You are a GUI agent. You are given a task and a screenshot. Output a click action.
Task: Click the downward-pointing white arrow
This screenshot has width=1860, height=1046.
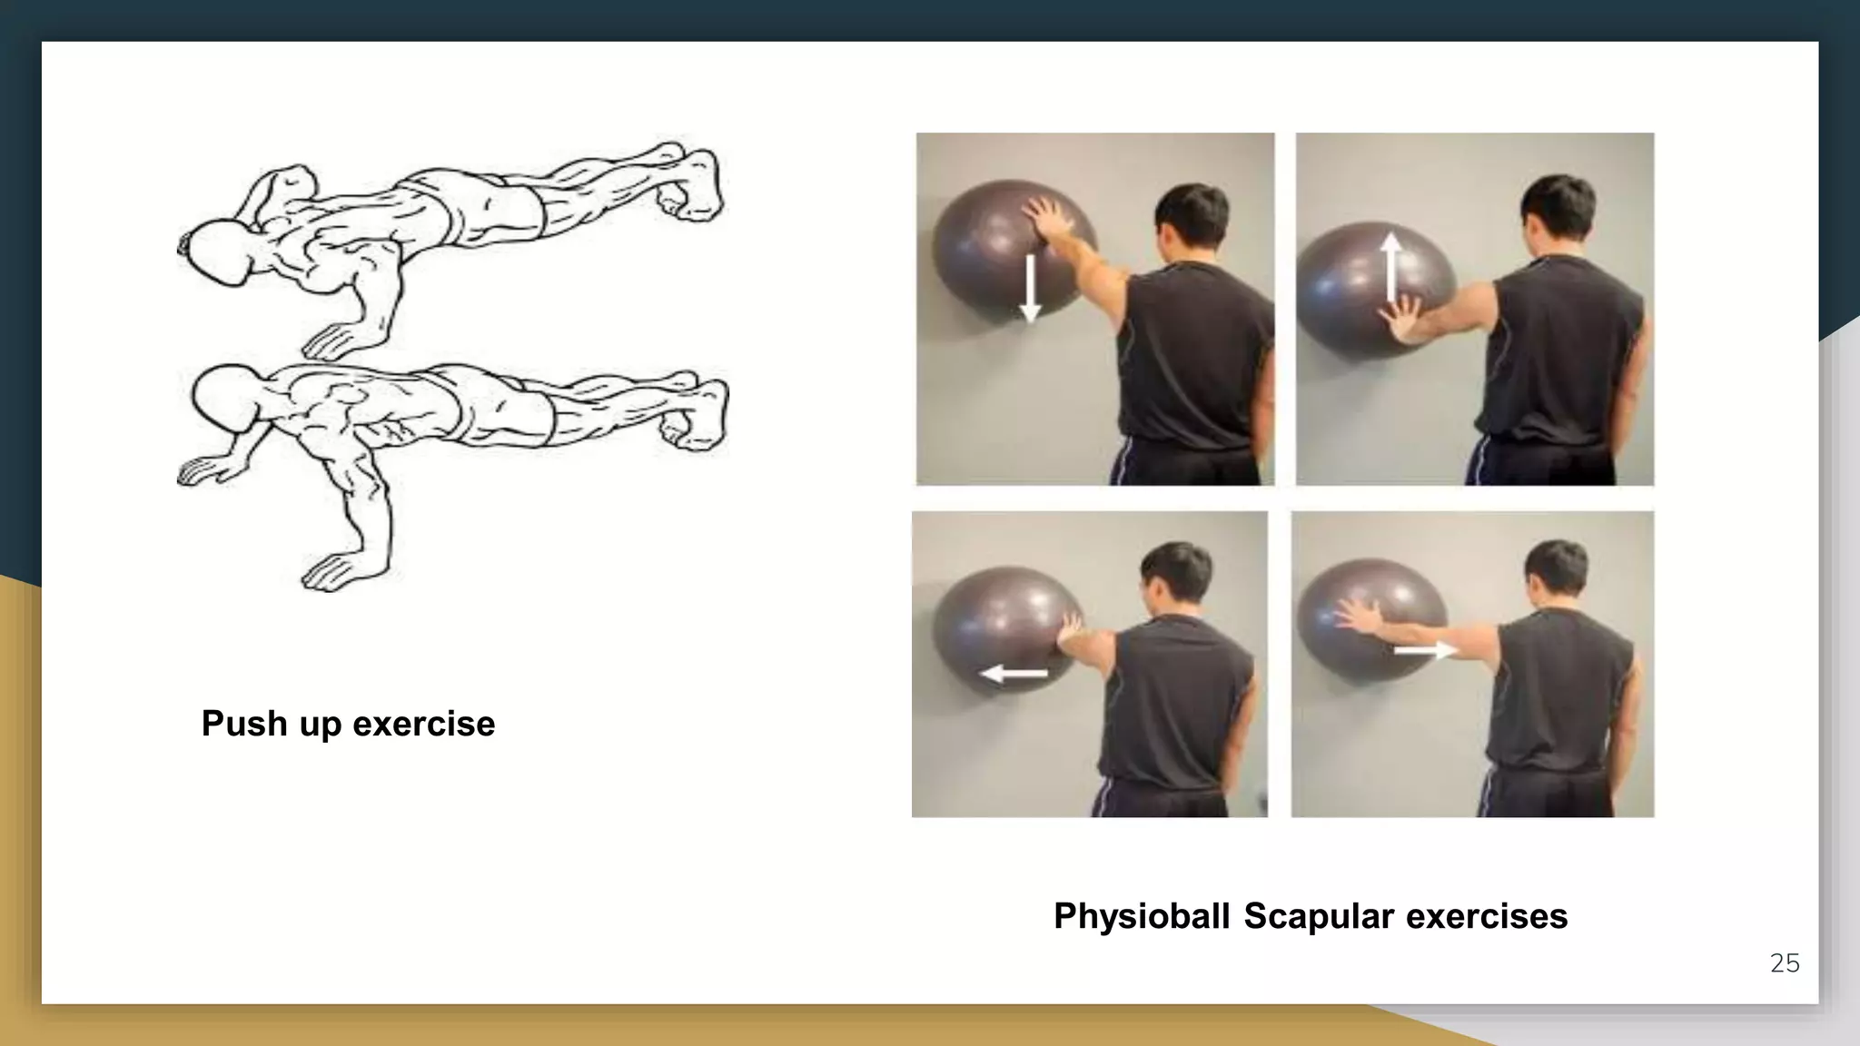click(1029, 289)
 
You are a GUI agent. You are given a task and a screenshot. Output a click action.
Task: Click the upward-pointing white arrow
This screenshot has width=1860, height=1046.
click(1390, 269)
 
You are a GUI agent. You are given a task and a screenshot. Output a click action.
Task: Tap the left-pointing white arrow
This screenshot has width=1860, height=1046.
click(1014, 674)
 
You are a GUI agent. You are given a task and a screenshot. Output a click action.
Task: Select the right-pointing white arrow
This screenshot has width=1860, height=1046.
click(1425, 650)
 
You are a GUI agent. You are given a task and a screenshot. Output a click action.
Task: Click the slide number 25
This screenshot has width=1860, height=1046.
click(1784, 963)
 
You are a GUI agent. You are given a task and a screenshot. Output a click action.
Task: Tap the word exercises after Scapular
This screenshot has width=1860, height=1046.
click(1487, 916)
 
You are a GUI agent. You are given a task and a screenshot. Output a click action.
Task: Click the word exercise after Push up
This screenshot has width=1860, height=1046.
click(423, 724)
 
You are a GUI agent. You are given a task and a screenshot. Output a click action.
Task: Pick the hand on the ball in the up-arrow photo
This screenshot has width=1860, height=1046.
click(1404, 322)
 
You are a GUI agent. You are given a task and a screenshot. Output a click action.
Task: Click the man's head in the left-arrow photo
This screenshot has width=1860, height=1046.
click(1176, 577)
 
